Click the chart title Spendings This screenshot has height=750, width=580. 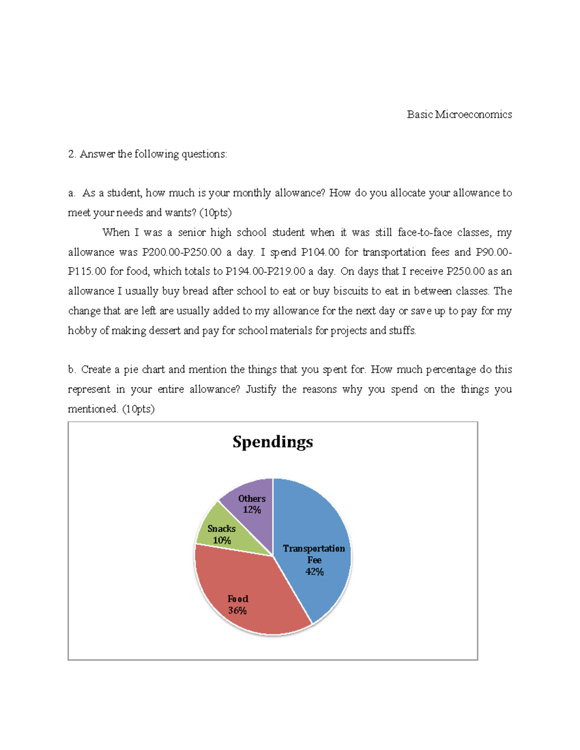[273, 442]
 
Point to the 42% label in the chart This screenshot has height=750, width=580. [314, 572]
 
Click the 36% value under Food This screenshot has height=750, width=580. [237, 610]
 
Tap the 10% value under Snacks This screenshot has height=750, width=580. [222, 540]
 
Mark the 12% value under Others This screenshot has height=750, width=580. [252, 510]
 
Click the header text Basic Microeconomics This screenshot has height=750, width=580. [459, 114]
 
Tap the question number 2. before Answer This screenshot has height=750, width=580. [72, 154]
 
